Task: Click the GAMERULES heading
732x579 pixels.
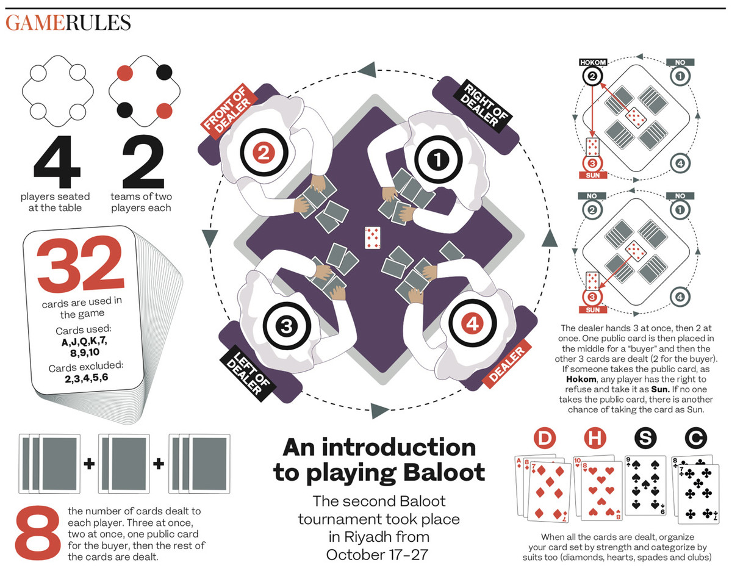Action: [68, 23]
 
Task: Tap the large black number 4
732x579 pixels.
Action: [57, 162]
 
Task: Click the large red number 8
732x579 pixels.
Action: [38, 533]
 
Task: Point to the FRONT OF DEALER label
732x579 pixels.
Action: [229, 111]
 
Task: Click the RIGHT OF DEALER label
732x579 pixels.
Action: [485, 105]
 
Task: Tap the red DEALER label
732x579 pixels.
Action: [506, 364]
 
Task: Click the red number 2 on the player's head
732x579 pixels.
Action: [264, 153]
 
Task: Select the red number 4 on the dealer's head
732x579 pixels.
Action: [472, 323]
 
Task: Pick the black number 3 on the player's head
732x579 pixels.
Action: [287, 326]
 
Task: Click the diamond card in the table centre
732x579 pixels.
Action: [372, 238]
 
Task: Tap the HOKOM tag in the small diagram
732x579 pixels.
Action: [593, 62]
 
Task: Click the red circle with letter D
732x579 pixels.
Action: [545, 438]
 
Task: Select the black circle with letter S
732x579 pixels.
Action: [645, 438]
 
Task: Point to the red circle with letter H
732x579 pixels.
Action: [595, 438]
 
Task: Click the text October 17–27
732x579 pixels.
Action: [377, 555]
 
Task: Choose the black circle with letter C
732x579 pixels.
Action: [696, 438]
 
